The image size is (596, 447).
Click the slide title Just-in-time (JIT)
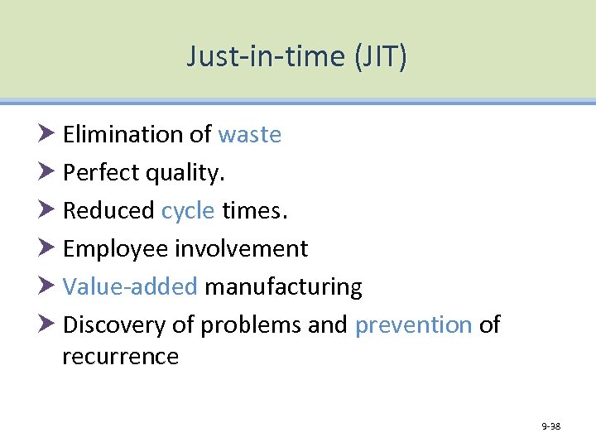click(296, 56)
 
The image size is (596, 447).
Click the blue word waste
click(249, 134)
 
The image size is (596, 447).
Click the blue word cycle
click(188, 211)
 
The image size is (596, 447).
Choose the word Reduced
click(108, 210)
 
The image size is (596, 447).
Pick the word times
click(255, 210)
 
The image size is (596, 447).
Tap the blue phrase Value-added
click(130, 286)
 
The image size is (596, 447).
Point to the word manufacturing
click(283, 287)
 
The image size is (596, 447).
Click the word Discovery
click(114, 325)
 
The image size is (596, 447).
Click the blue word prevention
click(413, 324)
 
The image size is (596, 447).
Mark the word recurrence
click(120, 357)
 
